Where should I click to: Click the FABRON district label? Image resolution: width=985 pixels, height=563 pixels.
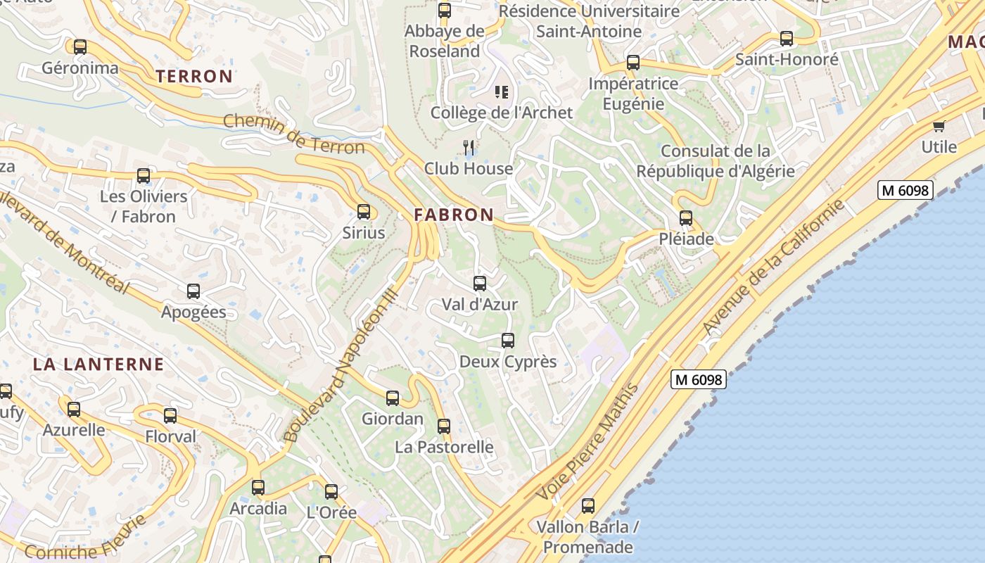(x=454, y=215)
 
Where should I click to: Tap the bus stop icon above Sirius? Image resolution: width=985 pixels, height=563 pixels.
(x=364, y=211)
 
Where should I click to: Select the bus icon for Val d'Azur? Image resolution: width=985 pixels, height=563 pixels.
(x=480, y=284)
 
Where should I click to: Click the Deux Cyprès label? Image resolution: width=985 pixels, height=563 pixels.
(x=507, y=362)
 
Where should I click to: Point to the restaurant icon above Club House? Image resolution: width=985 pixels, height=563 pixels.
(x=469, y=147)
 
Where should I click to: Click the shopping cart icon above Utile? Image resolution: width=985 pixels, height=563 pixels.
(x=939, y=126)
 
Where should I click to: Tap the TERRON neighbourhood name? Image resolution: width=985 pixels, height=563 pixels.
(x=194, y=76)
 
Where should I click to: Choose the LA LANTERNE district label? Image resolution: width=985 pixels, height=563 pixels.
(x=99, y=365)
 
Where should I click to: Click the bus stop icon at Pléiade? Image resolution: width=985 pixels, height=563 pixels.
(x=686, y=218)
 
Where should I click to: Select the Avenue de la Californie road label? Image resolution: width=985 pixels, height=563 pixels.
(x=774, y=267)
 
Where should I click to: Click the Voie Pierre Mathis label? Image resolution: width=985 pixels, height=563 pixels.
(x=588, y=441)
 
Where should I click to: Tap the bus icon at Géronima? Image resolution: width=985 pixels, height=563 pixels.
(x=80, y=47)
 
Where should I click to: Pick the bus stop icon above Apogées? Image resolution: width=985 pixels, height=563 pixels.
(x=193, y=291)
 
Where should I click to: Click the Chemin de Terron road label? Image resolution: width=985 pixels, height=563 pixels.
(x=293, y=134)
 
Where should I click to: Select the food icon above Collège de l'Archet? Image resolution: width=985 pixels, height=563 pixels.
(x=502, y=91)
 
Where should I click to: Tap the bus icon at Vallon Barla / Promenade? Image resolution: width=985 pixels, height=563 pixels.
(x=588, y=505)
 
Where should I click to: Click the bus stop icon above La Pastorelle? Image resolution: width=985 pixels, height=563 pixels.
(x=444, y=426)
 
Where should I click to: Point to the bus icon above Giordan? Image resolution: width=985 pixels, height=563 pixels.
(x=393, y=398)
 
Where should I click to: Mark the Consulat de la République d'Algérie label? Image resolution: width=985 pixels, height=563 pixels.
(x=716, y=161)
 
